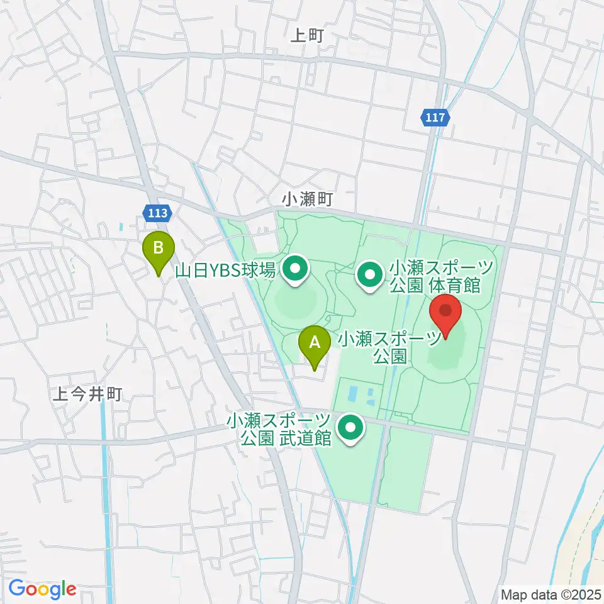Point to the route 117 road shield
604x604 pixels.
click(x=435, y=118)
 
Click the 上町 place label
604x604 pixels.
click(x=306, y=36)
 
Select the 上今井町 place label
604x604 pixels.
click(x=87, y=394)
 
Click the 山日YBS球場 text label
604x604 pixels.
click(x=225, y=271)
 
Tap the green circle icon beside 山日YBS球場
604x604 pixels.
click(x=294, y=271)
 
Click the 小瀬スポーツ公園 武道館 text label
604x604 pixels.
click(x=280, y=429)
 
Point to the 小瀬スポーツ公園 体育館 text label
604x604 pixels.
click(x=434, y=277)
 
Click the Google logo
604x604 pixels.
click(x=42, y=589)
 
